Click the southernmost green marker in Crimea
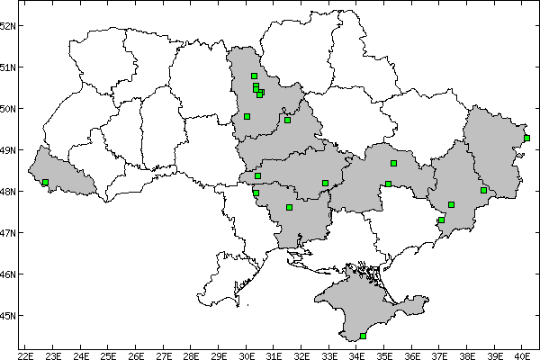pos(363,336)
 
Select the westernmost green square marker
pos(45,182)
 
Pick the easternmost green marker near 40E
pos(526,138)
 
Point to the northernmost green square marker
pos(254,76)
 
